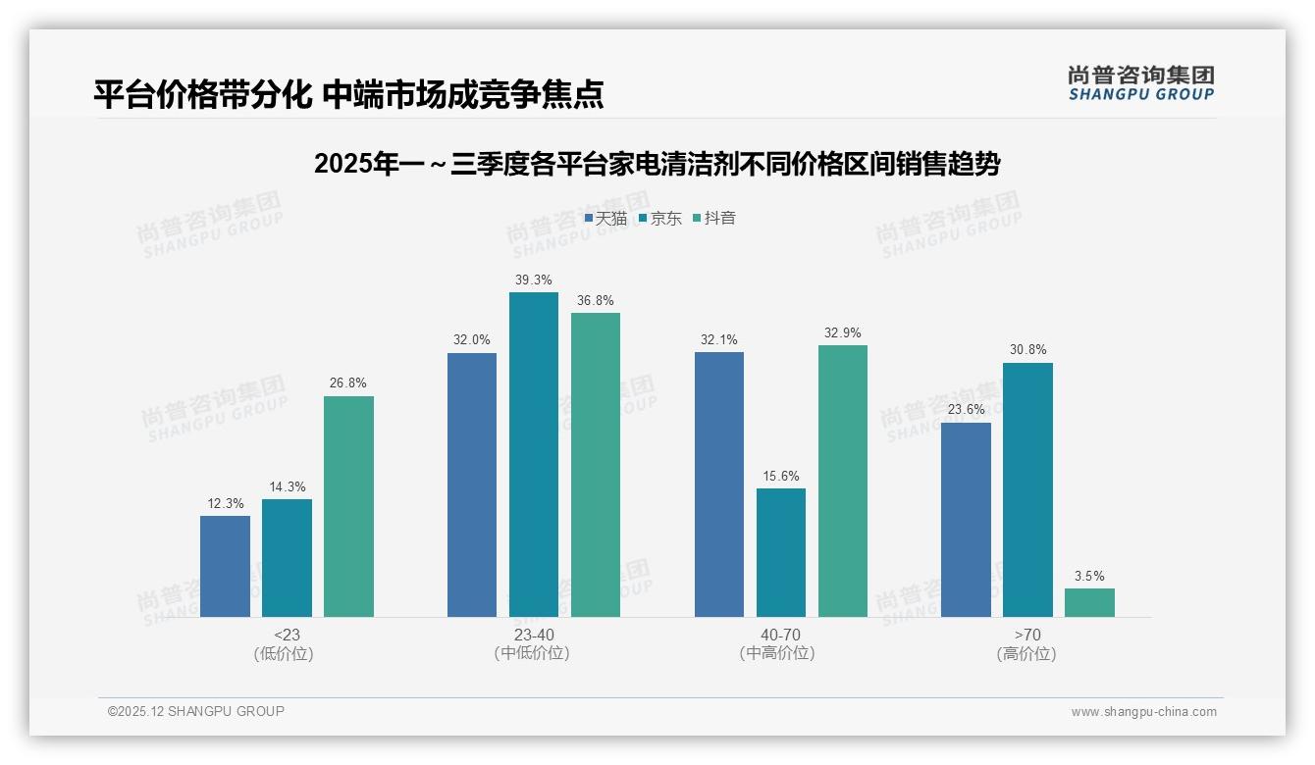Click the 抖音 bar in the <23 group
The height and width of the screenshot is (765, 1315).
tap(348, 506)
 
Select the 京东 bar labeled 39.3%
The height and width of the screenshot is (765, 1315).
tap(533, 454)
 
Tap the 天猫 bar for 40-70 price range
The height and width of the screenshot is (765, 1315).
tap(718, 484)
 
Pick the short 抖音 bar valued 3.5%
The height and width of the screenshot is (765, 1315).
tap(1089, 602)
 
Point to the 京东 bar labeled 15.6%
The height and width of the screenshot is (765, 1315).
tap(781, 552)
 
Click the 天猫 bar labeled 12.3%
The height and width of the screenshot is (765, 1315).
tap(225, 566)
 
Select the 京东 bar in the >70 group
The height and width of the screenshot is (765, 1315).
tap(1027, 489)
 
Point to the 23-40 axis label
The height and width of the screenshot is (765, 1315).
tap(533, 635)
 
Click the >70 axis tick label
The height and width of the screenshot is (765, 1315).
tap(1027, 635)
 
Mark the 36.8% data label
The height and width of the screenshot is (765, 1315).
tap(596, 301)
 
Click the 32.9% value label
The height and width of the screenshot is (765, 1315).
tap(843, 333)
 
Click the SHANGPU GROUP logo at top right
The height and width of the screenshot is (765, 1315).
tap(1140, 83)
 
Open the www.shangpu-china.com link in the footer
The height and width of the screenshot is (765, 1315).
tap(1143, 712)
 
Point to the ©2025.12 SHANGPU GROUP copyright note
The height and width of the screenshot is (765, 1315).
tap(196, 711)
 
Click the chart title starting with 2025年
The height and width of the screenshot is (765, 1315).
tap(657, 165)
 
